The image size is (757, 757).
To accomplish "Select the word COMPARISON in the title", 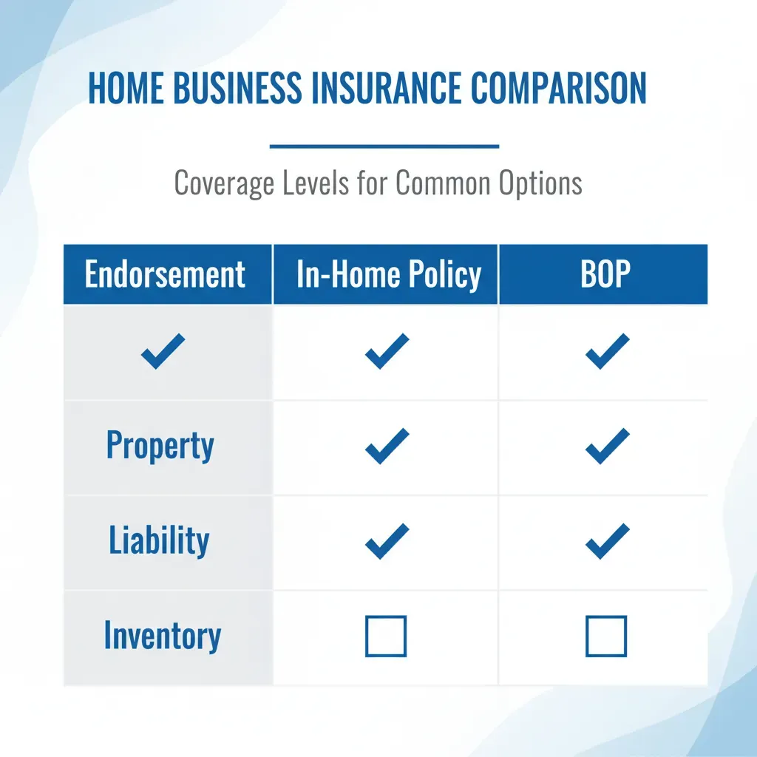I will coord(558,88).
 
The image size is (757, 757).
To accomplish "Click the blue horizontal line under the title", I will coord(384,146).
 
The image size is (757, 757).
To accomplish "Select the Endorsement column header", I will coord(165,274).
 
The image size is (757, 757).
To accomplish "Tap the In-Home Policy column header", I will coord(388,274).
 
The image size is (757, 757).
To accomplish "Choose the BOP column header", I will coord(605,274).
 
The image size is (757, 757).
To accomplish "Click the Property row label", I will coord(160,446).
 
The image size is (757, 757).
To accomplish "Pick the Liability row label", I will coord(159,540).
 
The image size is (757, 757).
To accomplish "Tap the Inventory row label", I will coord(162,637).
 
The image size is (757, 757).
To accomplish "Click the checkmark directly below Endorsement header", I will coord(163,352).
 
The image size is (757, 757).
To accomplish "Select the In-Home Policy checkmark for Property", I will coord(387,446).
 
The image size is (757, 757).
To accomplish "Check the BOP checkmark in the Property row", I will coord(607,446).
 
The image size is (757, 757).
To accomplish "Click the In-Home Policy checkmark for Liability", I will coord(387,540).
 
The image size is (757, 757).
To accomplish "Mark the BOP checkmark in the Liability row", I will coord(607,540).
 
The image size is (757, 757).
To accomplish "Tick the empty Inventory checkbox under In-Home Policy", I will coord(386,637).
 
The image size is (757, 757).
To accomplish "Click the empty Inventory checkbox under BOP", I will coord(606,637).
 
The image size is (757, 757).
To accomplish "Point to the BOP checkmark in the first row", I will coord(607,352).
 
